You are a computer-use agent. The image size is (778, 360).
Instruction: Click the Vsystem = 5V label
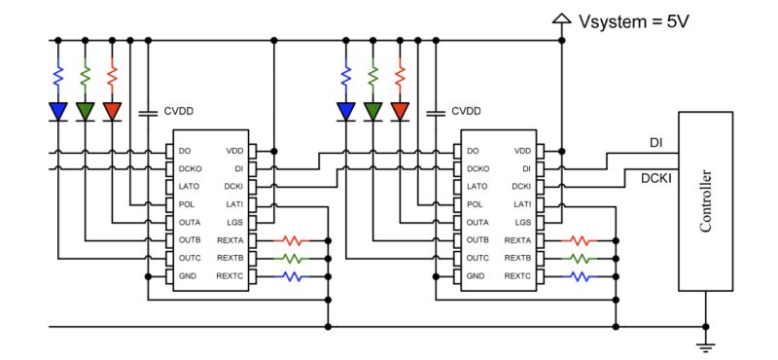633,18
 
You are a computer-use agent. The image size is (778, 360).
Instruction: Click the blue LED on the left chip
58,111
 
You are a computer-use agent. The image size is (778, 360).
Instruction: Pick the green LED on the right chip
372,111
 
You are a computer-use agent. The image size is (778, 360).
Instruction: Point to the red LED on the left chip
113,111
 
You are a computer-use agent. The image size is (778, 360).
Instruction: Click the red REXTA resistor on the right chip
581,239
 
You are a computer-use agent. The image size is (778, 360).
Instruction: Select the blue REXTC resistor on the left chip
293,276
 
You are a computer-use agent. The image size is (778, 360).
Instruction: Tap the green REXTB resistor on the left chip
293,258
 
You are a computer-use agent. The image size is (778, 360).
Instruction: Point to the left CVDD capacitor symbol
147,112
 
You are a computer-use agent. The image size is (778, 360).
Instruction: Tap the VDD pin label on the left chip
234,151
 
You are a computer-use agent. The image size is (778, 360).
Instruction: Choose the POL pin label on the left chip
188,204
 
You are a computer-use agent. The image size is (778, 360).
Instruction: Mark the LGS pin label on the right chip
521,222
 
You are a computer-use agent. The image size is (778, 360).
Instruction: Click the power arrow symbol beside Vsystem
561,18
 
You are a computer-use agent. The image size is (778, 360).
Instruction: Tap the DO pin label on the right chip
473,151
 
